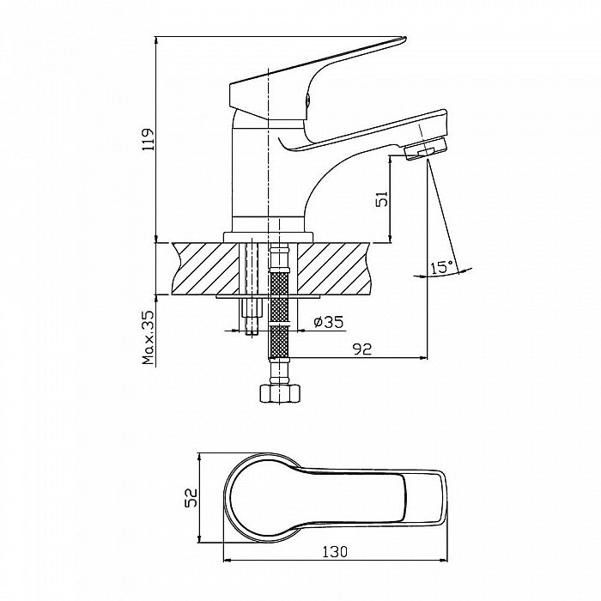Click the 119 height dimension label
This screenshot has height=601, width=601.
[x=149, y=139]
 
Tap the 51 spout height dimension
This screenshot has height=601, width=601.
[x=382, y=198]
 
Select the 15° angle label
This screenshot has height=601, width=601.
[x=441, y=267]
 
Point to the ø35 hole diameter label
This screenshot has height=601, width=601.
[x=329, y=322]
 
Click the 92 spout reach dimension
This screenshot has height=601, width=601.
[x=362, y=349]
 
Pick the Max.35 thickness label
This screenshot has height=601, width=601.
[x=148, y=337]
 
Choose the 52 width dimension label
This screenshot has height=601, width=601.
[x=191, y=497]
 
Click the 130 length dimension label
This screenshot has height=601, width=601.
[x=335, y=551]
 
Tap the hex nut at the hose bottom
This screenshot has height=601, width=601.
[x=279, y=393]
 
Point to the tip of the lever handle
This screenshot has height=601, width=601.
[x=404, y=38]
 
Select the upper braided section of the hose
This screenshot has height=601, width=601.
[x=279, y=297]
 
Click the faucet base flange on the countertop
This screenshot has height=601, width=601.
[x=268, y=237]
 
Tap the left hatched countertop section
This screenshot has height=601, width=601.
[x=205, y=269]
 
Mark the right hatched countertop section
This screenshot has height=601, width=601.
[x=334, y=269]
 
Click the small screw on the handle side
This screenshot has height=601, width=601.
[x=307, y=100]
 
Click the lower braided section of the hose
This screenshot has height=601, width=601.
[x=279, y=343]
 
